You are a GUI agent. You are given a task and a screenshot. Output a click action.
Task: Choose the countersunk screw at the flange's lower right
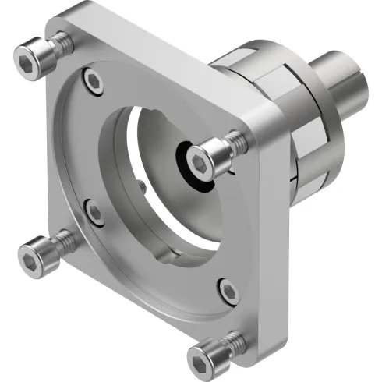pyautogui.click(x=228, y=290)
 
